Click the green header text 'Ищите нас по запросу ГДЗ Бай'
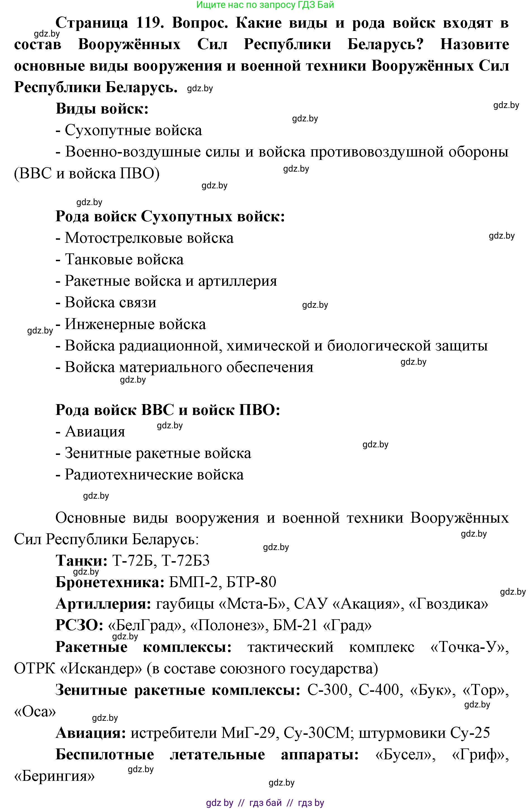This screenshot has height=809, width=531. (265, 5)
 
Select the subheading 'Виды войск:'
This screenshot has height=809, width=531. (102, 109)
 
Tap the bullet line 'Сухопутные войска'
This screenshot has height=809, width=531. (133, 130)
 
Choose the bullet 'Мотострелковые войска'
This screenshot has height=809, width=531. (149, 238)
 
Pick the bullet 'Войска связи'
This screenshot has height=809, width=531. (110, 303)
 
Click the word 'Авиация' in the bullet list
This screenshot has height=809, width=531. (95, 432)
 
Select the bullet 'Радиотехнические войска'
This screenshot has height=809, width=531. (154, 475)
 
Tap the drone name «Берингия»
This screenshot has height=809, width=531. (54, 777)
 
